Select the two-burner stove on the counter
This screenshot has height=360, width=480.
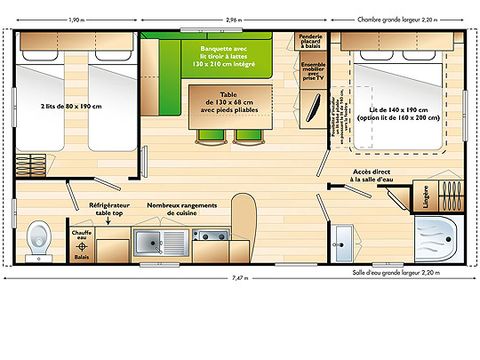coord(210,238)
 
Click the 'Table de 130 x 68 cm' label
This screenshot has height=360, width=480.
coord(224,104)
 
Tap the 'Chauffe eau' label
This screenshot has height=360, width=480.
coord(81,236)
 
